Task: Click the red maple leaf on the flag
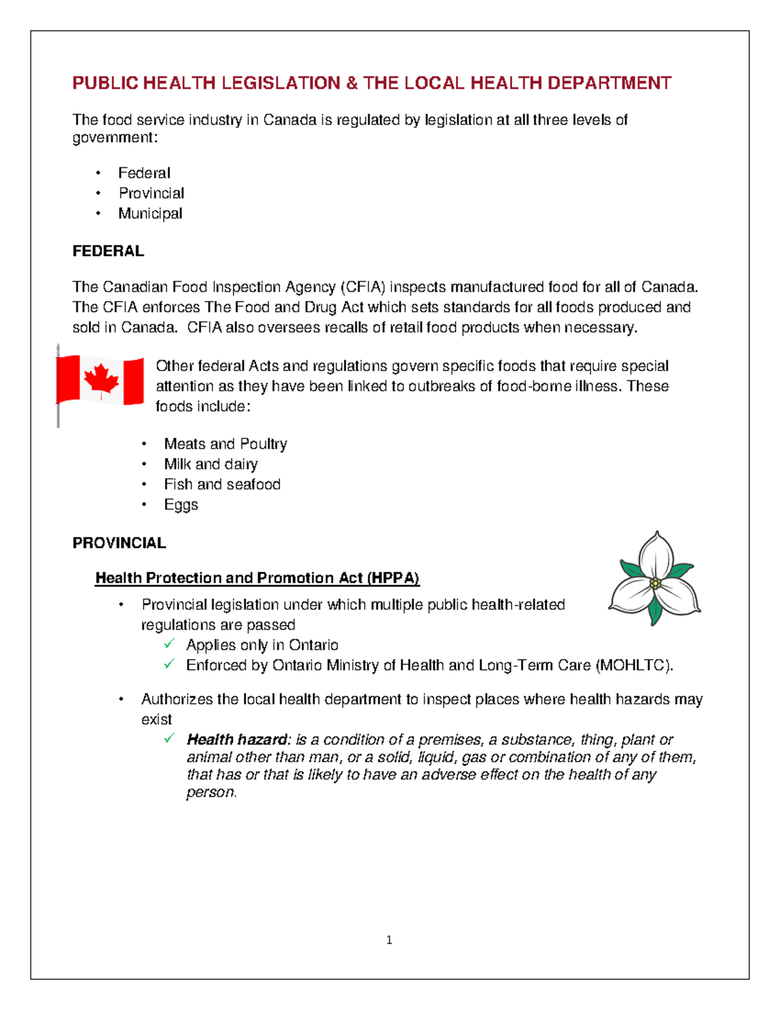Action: tap(101, 380)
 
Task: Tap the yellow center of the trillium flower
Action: tap(655, 583)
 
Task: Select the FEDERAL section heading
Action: tap(108, 251)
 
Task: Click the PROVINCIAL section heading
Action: tap(119, 543)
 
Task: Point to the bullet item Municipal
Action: tap(150, 213)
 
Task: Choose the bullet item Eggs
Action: tap(181, 505)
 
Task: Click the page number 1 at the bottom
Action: tap(389, 940)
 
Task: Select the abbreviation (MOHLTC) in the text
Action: tap(633, 665)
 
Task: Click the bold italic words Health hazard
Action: tap(237, 739)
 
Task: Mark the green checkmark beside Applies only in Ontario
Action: tap(170, 644)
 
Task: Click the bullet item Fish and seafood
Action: tap(222, 485)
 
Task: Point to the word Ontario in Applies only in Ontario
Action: tap(313, 645)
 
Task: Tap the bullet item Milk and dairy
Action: tap(211, 464)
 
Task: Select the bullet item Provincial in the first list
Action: tap(151, 193)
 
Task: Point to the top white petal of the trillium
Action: tap(656, 553)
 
